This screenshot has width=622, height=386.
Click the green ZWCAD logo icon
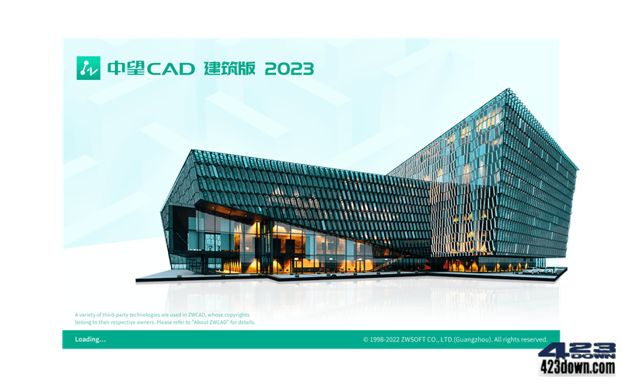click(88, 68)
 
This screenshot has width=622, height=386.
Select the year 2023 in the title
click(289, 68)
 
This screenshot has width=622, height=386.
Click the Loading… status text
click(90, 339)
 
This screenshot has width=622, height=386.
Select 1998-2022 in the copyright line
click(390, 340)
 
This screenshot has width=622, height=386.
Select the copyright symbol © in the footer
click(365, 340)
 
